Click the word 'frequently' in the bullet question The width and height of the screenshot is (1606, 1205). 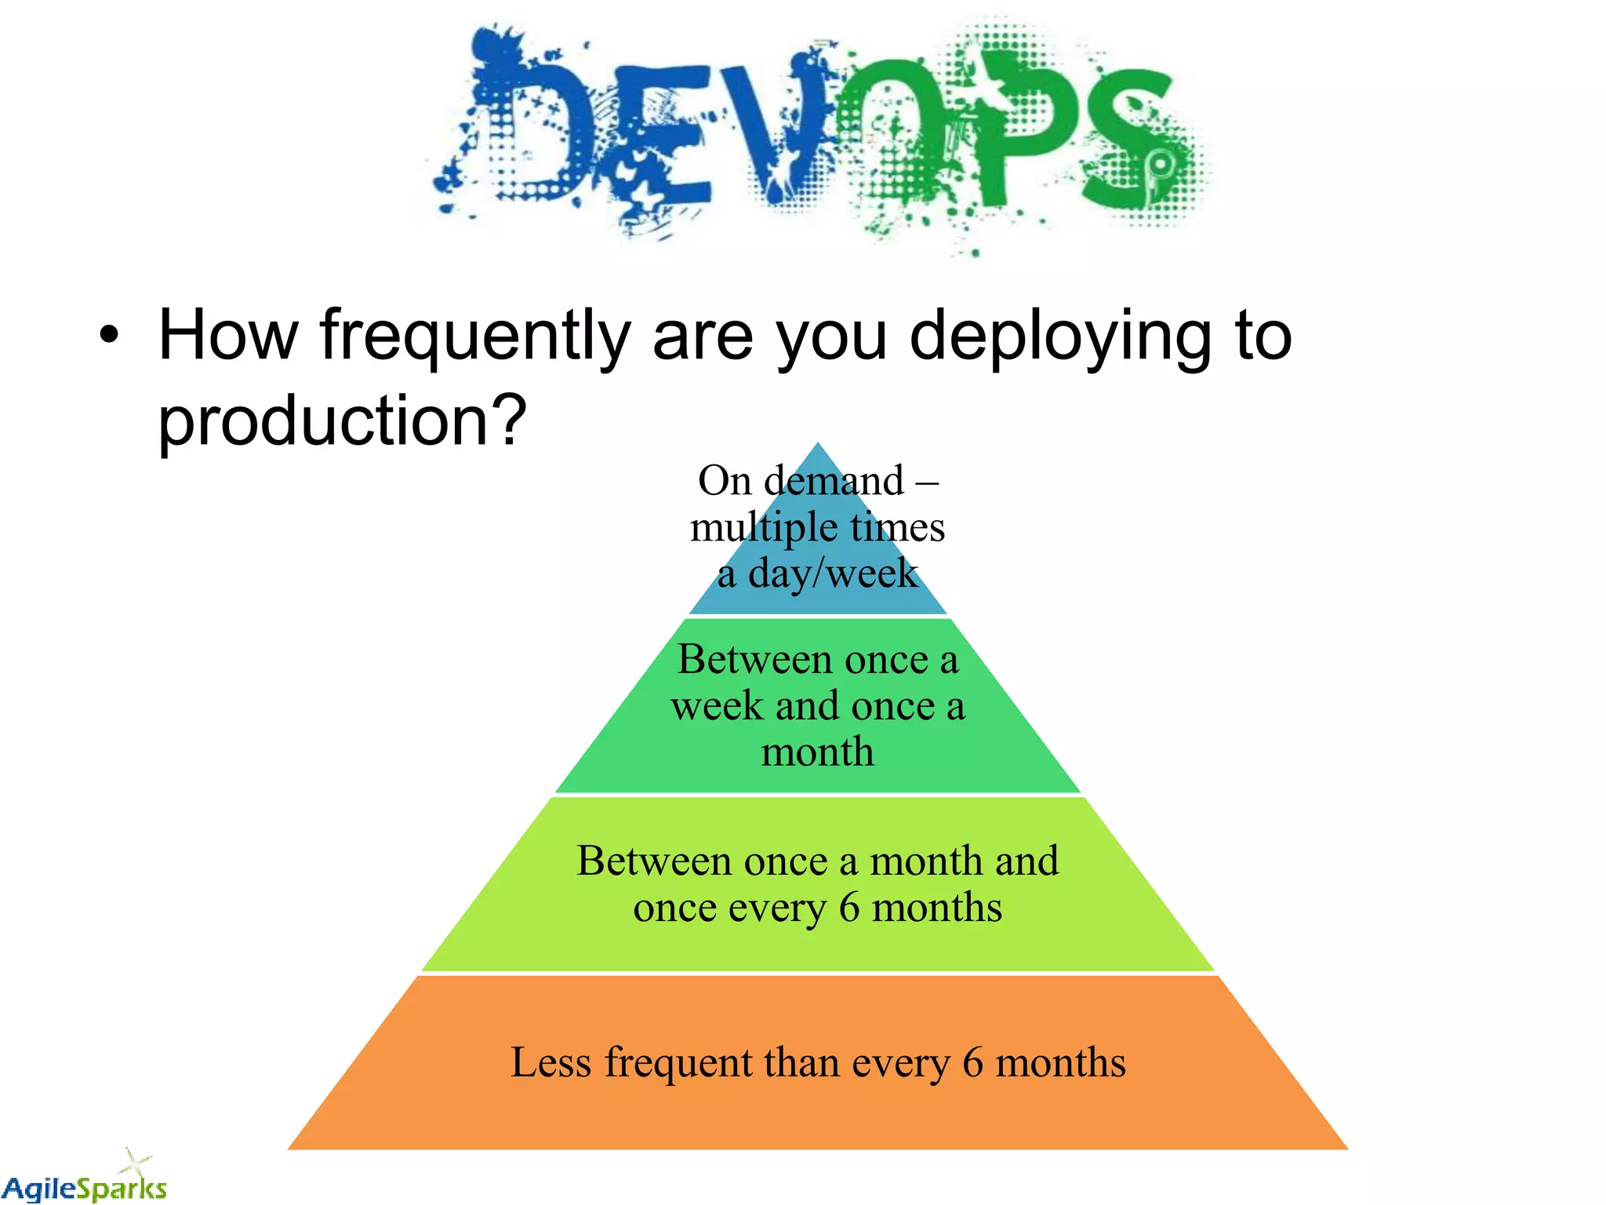coord(474,337)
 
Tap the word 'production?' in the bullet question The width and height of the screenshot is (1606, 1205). coord(342,422)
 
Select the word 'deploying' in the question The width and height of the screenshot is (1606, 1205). coord(1061,337)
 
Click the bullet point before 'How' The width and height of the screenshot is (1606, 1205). coord(110,337)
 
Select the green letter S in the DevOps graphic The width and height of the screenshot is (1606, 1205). coord(1129,137)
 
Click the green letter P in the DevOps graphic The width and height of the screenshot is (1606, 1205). coord(1012,129)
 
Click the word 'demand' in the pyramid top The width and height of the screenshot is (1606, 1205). coord(834,480)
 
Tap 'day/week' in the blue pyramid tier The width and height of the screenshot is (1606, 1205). coord(833,573)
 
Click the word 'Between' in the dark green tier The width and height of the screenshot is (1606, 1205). coord(754,659)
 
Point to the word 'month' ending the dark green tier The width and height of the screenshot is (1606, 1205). coord(818,752)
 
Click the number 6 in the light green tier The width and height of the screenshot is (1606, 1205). coord(849,908)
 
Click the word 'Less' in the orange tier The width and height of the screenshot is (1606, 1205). coord(550,1063)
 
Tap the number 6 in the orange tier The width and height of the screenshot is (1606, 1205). coord(972,1063)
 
